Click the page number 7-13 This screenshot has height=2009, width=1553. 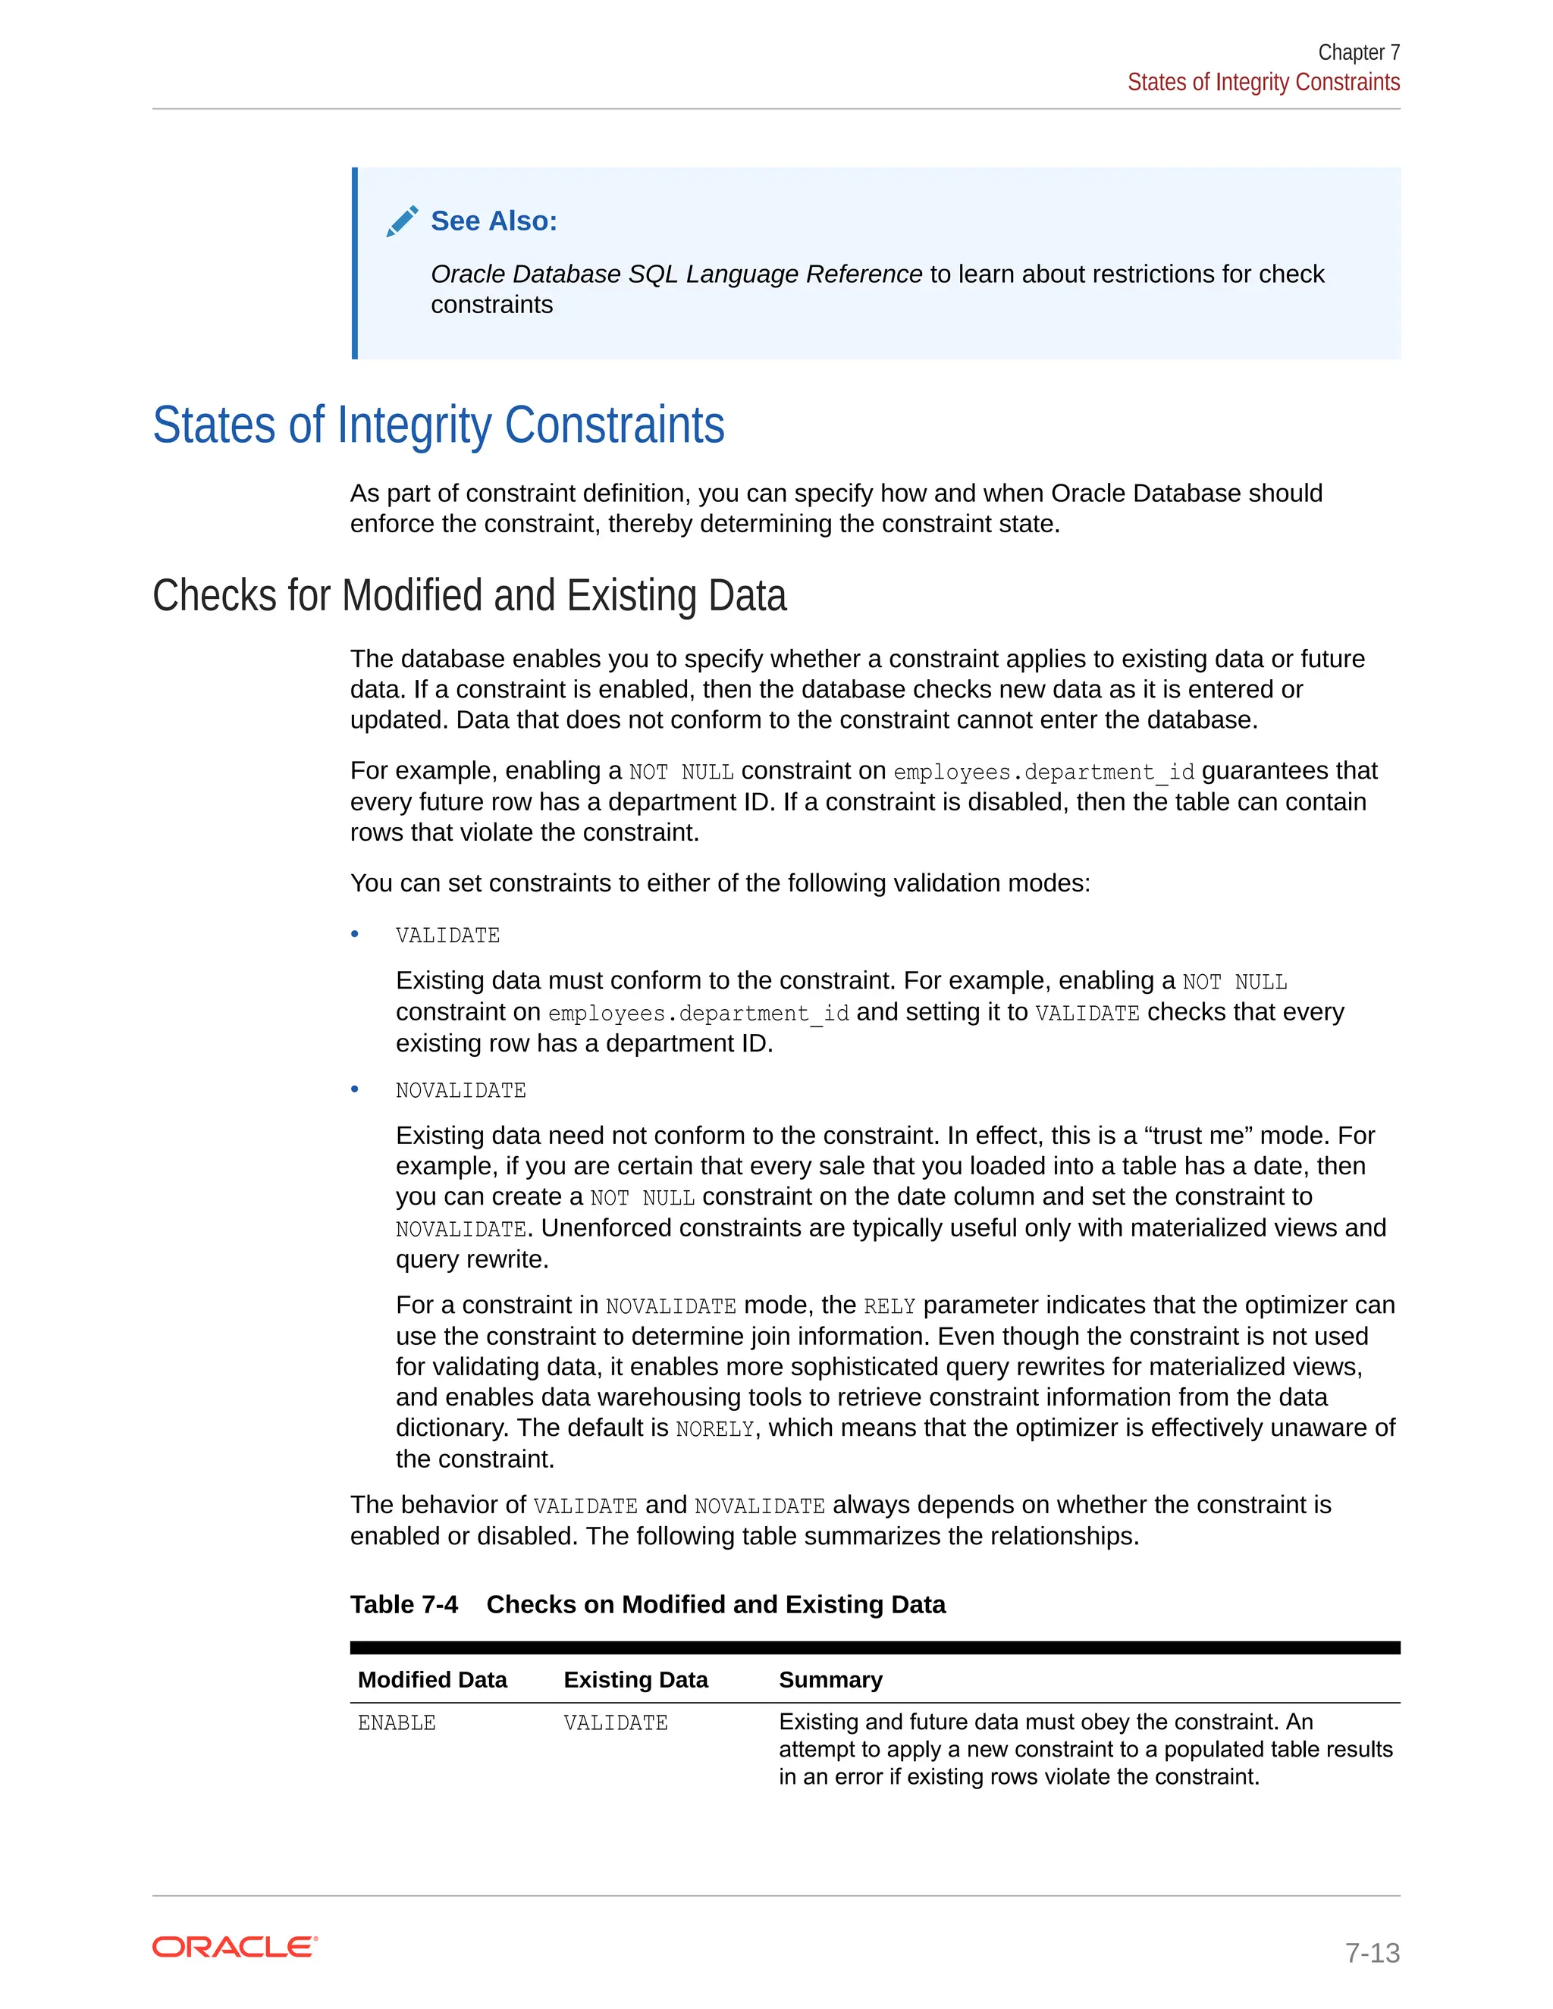click(x=1372, y=1952)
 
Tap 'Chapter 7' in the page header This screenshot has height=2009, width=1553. click(x=1358, y=52)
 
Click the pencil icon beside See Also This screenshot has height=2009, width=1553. click(x=402, y=221)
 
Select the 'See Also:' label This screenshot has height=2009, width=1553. click(x=494, y=221)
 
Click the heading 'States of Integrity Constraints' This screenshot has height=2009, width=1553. click(x=438, y=425)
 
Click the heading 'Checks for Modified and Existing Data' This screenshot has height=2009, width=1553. click(x=469, y=595)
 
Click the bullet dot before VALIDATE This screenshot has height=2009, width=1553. click(x=355, y=935)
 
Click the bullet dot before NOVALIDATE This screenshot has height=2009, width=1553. click(x=355, y=1089)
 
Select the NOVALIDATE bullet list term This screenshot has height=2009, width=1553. click(x=460, y=1091)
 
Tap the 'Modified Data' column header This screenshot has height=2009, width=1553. click(x=431, y=1680)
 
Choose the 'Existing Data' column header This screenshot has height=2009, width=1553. click(x=635, y=1680)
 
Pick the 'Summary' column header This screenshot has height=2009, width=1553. click(x=830, y=1680)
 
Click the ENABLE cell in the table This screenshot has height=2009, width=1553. click(x=397, y=1723)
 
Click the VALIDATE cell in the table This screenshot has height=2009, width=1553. click(x=616, y=1723)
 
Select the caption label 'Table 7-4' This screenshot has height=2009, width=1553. click(x=404, y=1604)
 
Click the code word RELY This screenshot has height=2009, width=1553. click(x=889, y=1306)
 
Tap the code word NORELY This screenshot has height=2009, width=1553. click(x=715, y=1430)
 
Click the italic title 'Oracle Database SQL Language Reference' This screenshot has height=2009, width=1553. click(x=676, y=274)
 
